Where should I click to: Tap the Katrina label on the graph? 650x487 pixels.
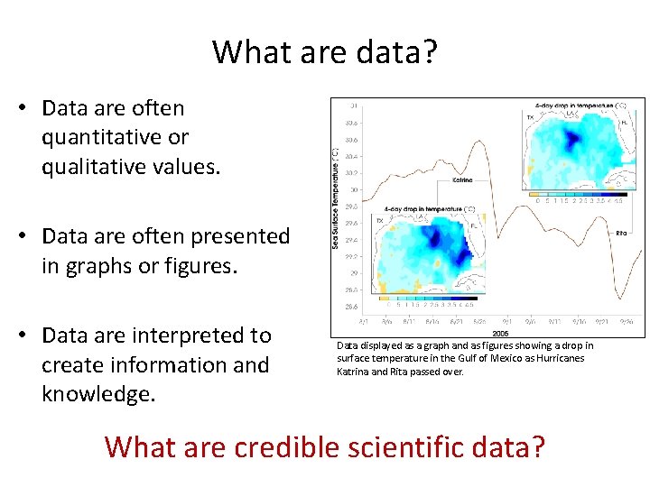tap(460, 180)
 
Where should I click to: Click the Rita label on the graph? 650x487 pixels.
tap(621, 233)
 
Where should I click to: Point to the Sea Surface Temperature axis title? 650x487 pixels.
tap(335, 198)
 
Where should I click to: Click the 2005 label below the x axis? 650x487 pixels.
tap(500, 332)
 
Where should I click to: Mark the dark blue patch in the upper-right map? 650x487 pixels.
tap(570, 138)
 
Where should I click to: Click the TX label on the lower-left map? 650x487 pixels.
tap(380, 220)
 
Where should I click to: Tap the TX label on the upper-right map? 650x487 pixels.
tap(530, 116)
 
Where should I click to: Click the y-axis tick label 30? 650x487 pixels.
tap(354, 189)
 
